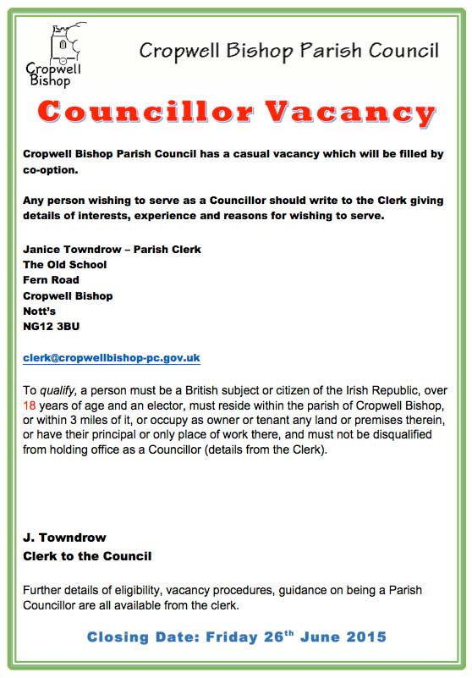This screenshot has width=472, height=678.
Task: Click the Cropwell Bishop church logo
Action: tap(57, 55)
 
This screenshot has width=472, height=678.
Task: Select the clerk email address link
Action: tap(112, 358)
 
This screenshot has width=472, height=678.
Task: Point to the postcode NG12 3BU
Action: tap(52, 326)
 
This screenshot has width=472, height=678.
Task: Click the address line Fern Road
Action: tap(52, 280)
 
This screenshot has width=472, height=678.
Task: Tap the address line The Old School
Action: tap(65, 265)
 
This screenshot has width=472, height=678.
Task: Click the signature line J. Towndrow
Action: tap(65, 537)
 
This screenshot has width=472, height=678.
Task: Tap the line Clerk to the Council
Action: tap(88, 556)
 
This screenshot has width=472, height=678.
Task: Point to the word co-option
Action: tap(51, 169)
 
